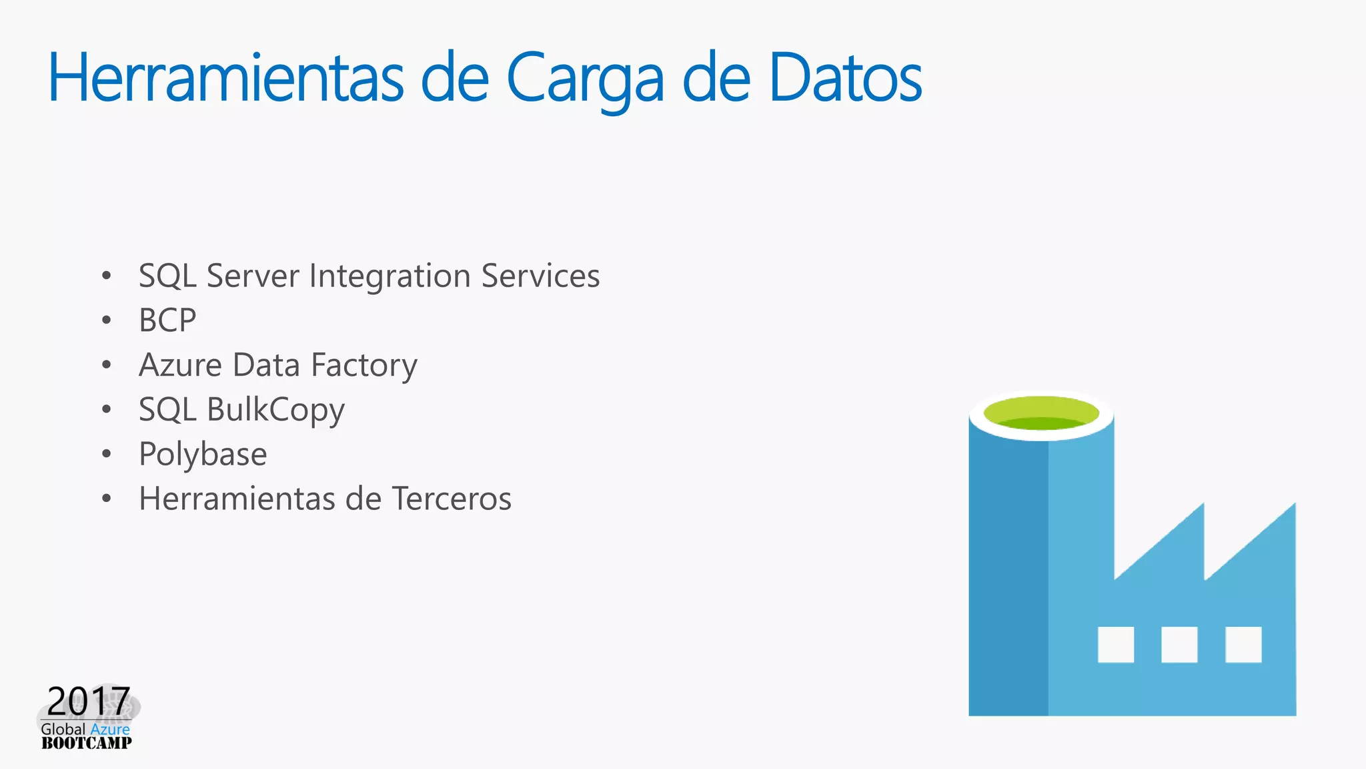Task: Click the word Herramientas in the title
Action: (x=225, y=78)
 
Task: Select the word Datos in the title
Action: (x=845, y=78)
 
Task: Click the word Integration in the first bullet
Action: (x=390, y=276)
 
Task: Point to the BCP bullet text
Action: (x=167, y=320)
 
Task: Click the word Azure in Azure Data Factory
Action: (x=180, y=365)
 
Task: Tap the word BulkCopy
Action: (x=275, y=411)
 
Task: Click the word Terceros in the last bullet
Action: (x=452, y=499)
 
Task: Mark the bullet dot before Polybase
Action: (x=107, y=454)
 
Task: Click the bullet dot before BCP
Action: (x=107, y=320)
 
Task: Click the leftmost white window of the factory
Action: (x=1116, y=644)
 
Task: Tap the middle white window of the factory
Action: (x=1179, y=644)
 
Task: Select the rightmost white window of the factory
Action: (x=1243, y=644)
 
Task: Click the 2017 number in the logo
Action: (x=88, y=701)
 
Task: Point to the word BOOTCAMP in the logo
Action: (x=87, y=744)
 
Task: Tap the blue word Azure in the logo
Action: (x=110, y=729)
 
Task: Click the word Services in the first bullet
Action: (x=540, y=276)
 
